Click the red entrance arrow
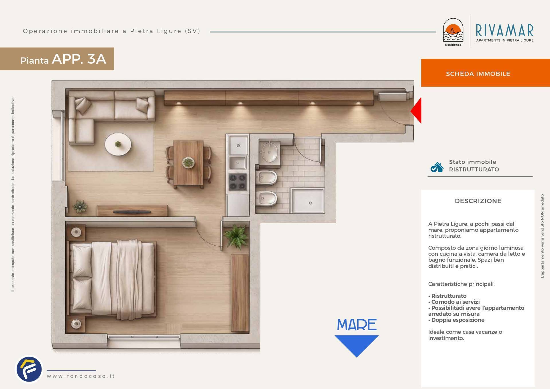(x=417, y=110)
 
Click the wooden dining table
(x=188, y=163)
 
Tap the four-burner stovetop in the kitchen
(x=238, y=182)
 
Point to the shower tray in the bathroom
(x=308, y=200)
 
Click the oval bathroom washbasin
(x=269, y=151)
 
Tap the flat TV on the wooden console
(x=132, y=212)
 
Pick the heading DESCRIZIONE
(x=478, y=201)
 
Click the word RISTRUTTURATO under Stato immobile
(x=474, y=169)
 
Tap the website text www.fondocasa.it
(x=81, y=376)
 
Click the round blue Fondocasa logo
(x=29, y=370)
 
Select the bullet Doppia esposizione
(x=456, y=320)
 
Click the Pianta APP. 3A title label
(x=63, y=59)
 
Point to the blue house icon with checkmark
(x=437, y=167)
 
